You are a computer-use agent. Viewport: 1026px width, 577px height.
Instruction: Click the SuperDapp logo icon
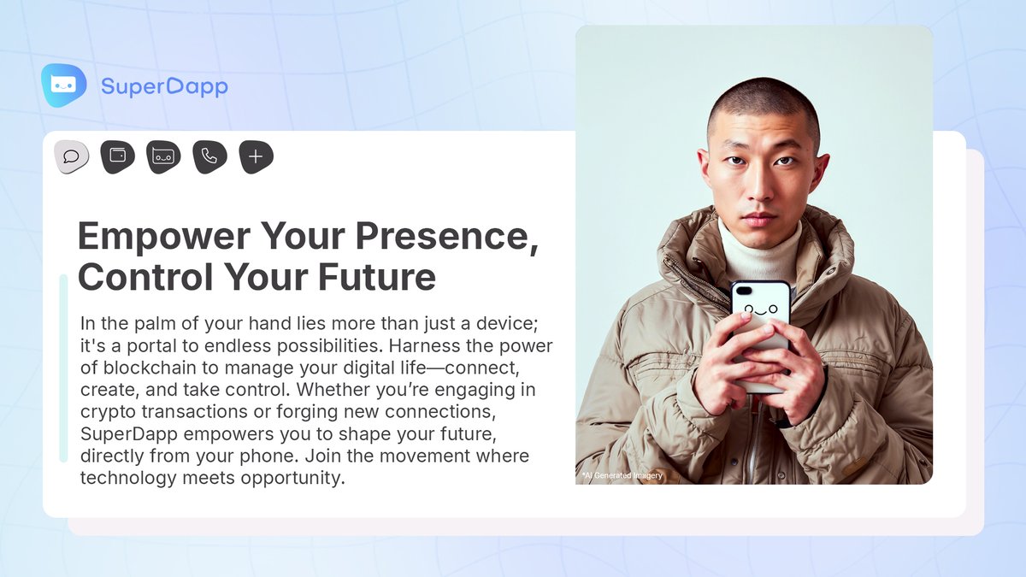click(x=64, y=85)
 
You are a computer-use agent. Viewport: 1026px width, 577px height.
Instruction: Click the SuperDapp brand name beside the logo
click(x=164, y=86)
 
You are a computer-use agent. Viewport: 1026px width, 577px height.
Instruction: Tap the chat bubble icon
click(x=72, y=156)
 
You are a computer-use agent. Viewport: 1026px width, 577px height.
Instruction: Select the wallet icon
click(x=118, y=156)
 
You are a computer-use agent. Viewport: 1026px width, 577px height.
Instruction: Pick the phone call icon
click(x=209, y=156)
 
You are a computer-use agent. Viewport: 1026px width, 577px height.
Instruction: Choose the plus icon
click(x=256, y=156)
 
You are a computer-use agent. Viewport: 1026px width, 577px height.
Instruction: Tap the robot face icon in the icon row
click(x=163, y=156)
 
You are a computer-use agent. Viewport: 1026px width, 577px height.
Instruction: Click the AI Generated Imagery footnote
click(x=622, y=475)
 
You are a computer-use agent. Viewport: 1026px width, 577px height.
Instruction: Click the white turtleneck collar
click(x=760, y=248)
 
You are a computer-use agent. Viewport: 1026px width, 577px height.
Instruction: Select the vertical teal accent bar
click(x=63, y=368)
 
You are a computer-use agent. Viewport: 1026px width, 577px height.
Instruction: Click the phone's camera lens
click(x=740, y=291)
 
